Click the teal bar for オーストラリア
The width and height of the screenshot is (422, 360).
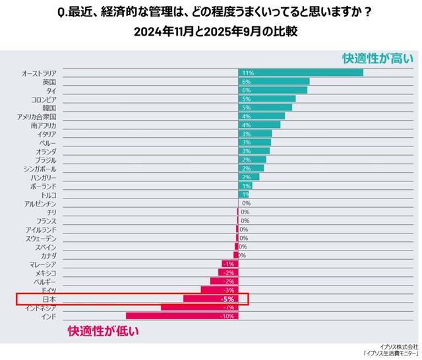pos(300,73)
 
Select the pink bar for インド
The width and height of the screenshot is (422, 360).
pos(182,316)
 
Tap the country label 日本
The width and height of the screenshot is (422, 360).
pos(49,299)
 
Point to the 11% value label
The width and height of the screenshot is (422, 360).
pos(248,73)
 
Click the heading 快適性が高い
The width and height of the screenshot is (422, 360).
pos(377,59)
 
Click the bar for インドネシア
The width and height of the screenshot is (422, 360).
pos(199,307)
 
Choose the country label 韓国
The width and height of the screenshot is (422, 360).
pos(49,107)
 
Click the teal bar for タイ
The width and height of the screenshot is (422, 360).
pos(272,90)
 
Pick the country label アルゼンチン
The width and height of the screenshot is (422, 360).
pos(40,203)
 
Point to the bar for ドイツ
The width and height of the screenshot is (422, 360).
pos(219,290)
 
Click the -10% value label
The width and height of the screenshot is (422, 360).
pos(227,316)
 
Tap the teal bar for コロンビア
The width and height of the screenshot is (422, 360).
pos(266,99)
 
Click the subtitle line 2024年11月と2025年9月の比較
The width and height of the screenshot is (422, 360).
pos(211,31)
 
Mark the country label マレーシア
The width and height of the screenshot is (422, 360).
pos(43,264)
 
